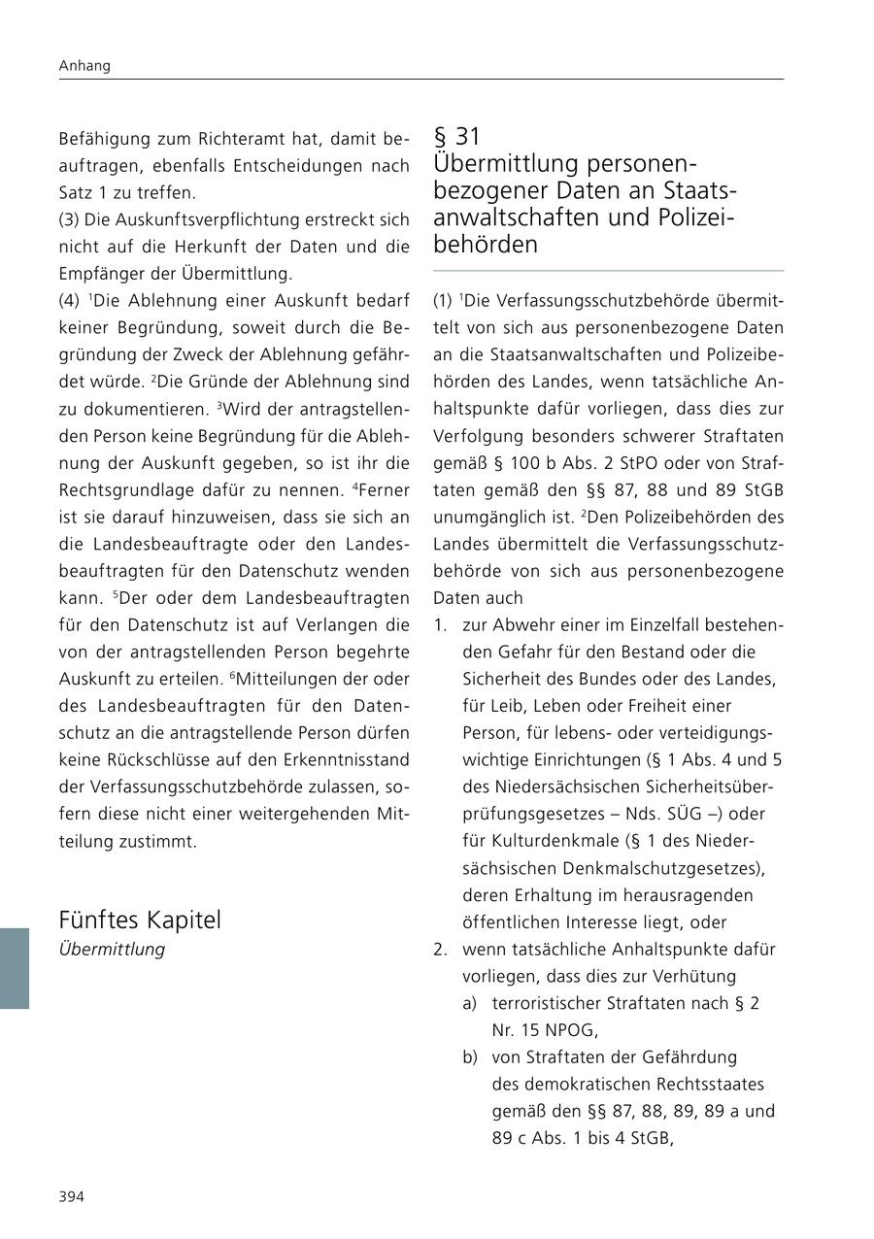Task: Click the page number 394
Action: [72, 1196]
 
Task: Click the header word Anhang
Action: [84, 66]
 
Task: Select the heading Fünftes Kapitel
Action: [140, 920]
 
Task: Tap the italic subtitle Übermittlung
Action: [112, 950]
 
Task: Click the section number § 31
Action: [457, 137]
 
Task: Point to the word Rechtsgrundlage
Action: [128, 489]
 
